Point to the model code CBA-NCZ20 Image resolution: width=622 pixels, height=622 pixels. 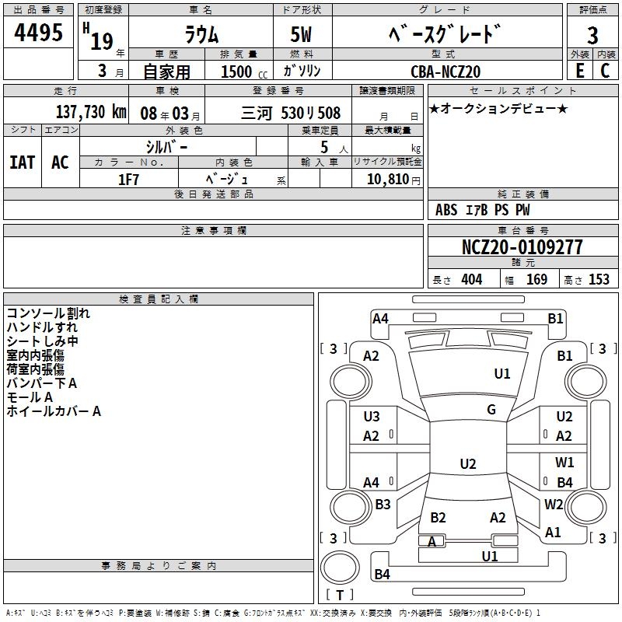point(446,72)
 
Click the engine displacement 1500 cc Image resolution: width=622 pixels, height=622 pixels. point(239,72)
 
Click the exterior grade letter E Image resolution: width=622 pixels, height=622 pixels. point(579,71)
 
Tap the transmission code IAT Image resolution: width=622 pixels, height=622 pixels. point(22,162)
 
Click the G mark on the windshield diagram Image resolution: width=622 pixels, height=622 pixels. point(491,410)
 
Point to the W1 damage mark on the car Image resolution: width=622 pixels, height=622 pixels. point(564,463)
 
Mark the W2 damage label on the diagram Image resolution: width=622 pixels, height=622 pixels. point(554,504)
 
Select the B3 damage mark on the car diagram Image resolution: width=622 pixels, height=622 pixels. point(383,505)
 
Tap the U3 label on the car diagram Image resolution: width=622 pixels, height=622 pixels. point(372,417)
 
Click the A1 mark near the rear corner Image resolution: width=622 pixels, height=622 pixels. point(553,533)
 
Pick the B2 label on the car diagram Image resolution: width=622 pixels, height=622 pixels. point(438,518)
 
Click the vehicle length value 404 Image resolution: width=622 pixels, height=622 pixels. point(471,280)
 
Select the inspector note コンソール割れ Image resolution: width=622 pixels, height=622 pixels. point(48,313)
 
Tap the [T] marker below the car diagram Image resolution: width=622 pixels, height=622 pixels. point(339,595)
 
